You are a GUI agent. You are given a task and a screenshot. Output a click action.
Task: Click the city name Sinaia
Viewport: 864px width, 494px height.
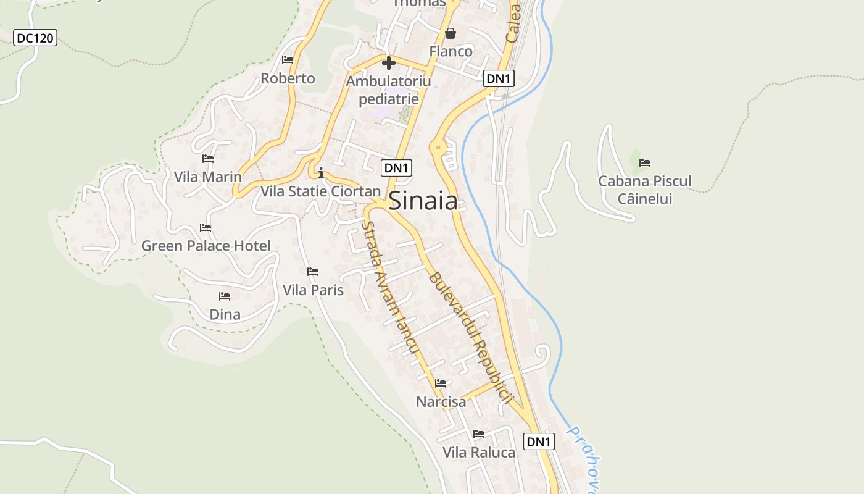423,201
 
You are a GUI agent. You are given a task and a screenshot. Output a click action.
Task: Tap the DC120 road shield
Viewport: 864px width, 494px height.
35,38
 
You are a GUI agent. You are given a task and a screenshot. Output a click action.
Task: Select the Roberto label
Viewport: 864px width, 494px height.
288,78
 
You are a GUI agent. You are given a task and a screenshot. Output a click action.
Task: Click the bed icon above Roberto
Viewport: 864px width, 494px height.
288,60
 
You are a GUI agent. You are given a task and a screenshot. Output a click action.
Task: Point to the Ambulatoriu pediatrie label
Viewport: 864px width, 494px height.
389,90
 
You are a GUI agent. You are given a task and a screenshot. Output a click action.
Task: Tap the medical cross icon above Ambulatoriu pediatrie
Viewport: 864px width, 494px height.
388,63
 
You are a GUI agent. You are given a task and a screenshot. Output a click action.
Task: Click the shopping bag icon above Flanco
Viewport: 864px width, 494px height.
451,33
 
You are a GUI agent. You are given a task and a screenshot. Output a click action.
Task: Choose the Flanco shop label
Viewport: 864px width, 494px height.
451,51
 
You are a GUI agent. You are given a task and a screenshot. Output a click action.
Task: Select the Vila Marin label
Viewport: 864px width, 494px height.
208,177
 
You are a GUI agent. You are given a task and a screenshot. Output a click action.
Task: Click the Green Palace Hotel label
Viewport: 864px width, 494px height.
206,246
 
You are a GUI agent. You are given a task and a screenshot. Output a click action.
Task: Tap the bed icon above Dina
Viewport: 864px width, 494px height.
225,297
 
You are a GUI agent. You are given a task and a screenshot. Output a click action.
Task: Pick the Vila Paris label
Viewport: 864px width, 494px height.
313,290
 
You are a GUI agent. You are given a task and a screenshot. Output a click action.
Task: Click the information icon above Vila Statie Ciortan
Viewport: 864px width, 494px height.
320,172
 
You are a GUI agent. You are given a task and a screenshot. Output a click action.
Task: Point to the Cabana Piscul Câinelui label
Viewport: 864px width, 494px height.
645,190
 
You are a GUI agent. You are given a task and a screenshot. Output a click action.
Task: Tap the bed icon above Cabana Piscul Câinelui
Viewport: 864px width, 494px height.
645,163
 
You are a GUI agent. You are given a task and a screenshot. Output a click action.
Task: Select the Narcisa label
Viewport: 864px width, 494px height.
441,402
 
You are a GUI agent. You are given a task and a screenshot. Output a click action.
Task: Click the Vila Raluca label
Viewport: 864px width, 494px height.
479,452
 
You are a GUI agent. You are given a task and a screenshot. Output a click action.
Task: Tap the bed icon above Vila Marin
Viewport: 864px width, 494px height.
208,159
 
